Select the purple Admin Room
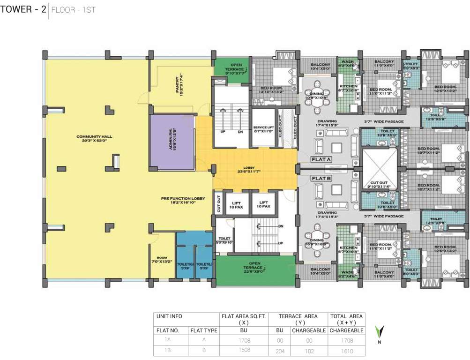click(x=172, y=142)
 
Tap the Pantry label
click(x=178, y=85)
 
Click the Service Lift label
click(x=263, y=129)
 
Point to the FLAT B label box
click(x=321, y=178)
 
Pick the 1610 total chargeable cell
click(x=347, y=351)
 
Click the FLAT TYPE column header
click(x=204, y=330)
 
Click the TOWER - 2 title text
click(x=23, y=9)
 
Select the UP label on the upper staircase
click(x=223, y=132)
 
